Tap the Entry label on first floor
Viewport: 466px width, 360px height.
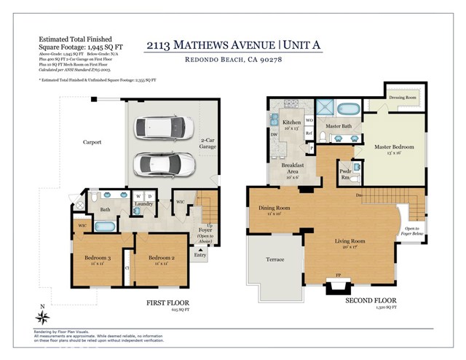[x=200, y=255]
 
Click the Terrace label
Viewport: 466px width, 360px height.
[x=275, y=260]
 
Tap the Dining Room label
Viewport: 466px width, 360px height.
[x=275, y=209]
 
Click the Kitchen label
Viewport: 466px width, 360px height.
[x=292, y=122]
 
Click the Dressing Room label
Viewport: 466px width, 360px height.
[x=402, y=97]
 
